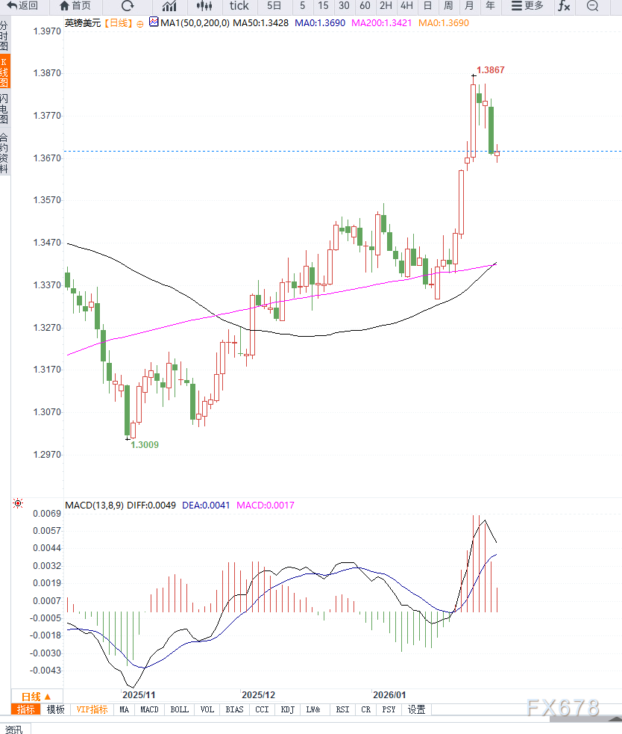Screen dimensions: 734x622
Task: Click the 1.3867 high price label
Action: [x=490, y=70]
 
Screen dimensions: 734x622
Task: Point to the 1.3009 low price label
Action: [x=145, y=444]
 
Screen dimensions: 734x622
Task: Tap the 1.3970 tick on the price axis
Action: [x=47, y=32]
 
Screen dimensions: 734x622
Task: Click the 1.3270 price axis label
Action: [x=47, y=328]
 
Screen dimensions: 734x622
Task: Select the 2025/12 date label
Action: [x=258, y=694]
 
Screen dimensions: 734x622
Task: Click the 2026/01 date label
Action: [x=389, y=694]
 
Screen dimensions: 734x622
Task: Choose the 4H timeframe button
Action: [x=406, y=6]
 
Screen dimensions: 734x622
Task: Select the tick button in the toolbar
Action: [x=239, y=6]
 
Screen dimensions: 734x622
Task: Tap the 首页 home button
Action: [x=75, y=6]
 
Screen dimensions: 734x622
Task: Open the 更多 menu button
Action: [x=527, y=6]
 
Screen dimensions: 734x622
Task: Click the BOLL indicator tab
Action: [x=180, y=709]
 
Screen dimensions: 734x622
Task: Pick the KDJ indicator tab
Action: [x=287, y=709]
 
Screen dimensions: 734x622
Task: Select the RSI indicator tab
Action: [x=342, y=709]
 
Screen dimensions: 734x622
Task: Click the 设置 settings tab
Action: [x=416, y=709]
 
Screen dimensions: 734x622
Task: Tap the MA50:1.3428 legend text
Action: [x=260, y=23]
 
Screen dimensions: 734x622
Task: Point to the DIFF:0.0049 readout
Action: [x=151, y=506]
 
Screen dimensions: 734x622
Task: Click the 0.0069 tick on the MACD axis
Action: [x=47, y=514]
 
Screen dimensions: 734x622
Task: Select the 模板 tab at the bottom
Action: [x=55, y=709]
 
